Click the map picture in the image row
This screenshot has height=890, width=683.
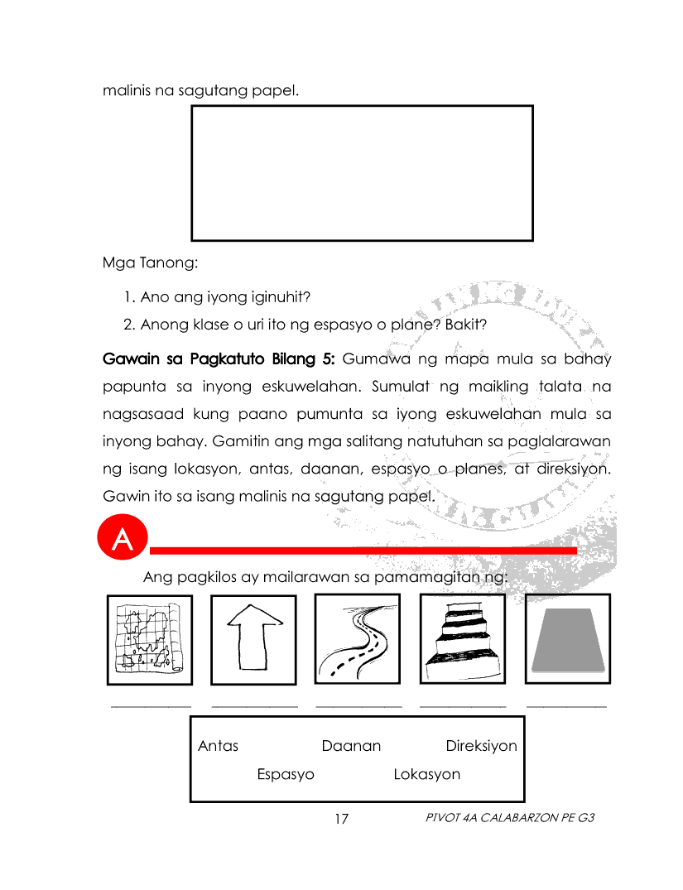[x=149, y=639]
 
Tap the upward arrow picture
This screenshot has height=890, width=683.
[x=253, y=639]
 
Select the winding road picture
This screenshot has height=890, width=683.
[x=358, y=639]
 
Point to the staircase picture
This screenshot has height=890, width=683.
[x=462, y=639]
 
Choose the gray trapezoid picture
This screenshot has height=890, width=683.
[x=568, y=639]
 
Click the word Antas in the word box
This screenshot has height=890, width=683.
[x=218, y=746]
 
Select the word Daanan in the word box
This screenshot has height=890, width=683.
[x=351, y=746]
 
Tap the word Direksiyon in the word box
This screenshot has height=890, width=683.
[x=481, y=746]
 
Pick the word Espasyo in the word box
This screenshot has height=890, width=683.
[x=286, y=775]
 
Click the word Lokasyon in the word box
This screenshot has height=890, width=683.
[x=426, y=775]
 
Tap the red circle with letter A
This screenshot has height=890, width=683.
[x=122, y=539]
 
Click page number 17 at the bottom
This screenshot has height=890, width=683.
[x=341, y=819]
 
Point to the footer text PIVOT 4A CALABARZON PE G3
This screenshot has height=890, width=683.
[x=510, y=818]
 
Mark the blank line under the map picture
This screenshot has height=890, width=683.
[x=151, y=706]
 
